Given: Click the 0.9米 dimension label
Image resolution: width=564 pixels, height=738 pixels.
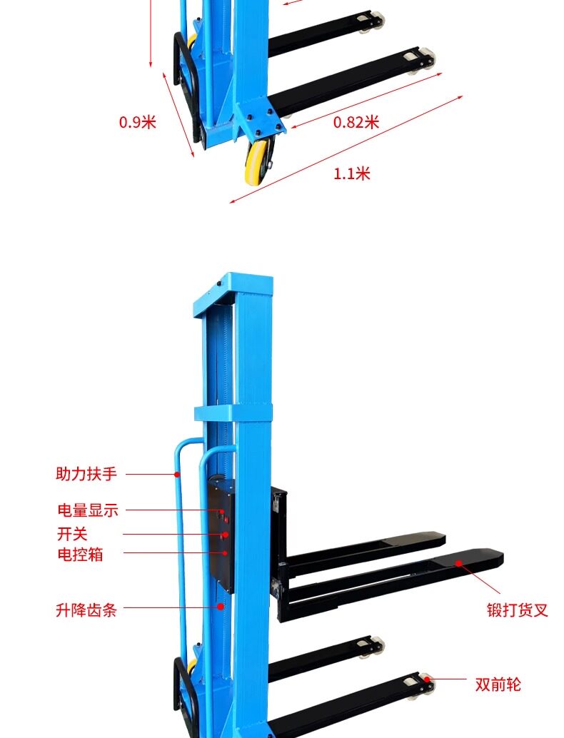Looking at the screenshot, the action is click(x=137, y=121).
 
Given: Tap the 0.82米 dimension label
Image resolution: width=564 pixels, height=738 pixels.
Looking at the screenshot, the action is click(x=356, y=122).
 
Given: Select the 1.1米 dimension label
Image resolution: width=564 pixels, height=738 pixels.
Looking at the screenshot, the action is click(x=352, y=173).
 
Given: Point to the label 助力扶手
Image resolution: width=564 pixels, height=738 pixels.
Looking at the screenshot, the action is click(x=86, y=473).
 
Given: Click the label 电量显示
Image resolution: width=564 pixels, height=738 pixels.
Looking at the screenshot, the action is click(x=87, y=510).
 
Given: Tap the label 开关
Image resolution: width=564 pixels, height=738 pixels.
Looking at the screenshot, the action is click(x=72, y=533).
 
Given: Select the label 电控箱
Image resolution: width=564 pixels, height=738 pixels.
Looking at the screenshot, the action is click(x=80, y=554).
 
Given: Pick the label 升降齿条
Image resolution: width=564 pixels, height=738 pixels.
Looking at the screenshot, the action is click(x=86, y=610).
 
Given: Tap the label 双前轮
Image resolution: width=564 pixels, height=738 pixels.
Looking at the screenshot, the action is click(x=498, y=685).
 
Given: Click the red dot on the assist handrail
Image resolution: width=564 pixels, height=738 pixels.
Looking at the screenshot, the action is click(x=177, y=473).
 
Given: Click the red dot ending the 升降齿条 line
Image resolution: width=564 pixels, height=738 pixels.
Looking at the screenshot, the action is click(x=221, y=606).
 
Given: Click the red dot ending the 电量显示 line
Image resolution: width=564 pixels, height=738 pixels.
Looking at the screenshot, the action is click(x=222, y=511).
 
